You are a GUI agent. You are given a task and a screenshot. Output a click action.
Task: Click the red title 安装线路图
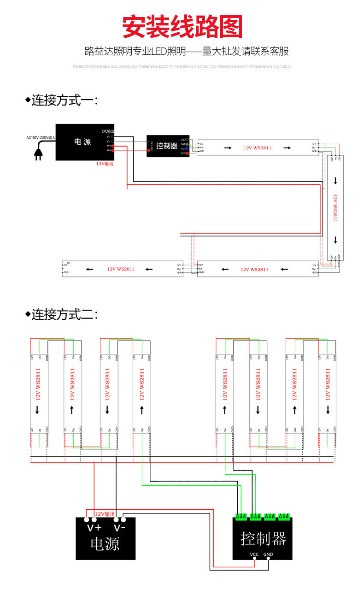point(182,27)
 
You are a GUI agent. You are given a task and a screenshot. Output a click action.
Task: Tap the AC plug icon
point(39,154)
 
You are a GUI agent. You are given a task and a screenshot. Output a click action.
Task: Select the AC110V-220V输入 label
point(41,137)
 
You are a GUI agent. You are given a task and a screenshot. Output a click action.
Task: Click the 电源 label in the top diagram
point(82,142)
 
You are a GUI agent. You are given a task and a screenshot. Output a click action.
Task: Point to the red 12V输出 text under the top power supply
point(105,164)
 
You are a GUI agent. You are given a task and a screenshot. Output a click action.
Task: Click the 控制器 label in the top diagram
point(167,146)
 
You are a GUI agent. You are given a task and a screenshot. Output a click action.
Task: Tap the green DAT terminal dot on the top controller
point(187,144)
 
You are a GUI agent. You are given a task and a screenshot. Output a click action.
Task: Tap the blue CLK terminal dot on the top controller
point(187,148)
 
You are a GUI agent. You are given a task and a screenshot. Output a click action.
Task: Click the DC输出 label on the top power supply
point(108,131)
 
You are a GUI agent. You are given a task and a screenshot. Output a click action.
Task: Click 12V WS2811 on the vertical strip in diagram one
point(335,207)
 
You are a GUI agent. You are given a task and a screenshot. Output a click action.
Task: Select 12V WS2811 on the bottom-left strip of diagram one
point(121,269)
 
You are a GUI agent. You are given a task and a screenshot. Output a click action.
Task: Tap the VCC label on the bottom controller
point(254,554)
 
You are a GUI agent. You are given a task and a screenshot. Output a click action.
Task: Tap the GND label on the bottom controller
point(268,554)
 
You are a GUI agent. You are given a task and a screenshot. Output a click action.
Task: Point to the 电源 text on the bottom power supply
point(105,544)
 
